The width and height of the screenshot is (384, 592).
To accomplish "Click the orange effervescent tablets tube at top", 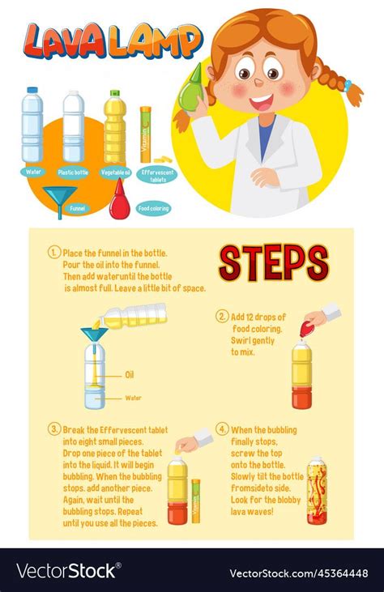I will tap(146, 134).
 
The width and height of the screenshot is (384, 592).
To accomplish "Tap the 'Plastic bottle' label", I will tap(73, 172).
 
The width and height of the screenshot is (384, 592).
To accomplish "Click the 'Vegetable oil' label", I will tap(115, 172).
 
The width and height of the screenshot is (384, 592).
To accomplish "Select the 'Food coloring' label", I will tap(153, 208).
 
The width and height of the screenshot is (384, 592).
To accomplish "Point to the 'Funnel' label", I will tap(77, 208).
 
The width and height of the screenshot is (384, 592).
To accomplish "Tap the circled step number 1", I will tap(54, 252).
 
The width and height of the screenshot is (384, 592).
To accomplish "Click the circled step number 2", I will tap(221, 316).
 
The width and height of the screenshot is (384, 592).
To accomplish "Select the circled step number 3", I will tap(54, 429).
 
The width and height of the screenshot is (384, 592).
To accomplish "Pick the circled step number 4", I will tap(222, 429).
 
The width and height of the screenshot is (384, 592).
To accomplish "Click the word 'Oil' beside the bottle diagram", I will tap(130, 375).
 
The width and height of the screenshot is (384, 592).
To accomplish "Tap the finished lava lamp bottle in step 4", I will tap(317, 490).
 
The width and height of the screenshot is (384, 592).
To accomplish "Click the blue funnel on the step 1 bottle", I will tap(92, 334).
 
